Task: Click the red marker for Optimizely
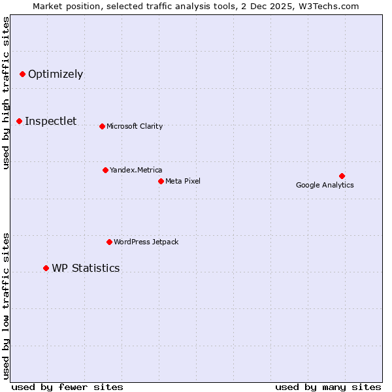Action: [x=22, y=74]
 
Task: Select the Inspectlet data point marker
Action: [x=19, y=121]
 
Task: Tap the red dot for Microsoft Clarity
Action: [x=102, y=126]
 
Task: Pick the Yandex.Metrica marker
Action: [x=105, y=170]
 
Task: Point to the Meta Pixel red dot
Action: [x=161, y=181]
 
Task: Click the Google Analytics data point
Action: [x=342, y=176]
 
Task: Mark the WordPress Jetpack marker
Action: [x=109, y=242]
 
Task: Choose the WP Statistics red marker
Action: [x=46, y=268]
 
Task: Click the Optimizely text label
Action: [x=56, y=74]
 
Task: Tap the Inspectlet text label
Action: [x=51, y=121]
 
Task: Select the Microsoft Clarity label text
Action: [x=135, y=126]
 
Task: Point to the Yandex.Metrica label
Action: [x=136, y=170]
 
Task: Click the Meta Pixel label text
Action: [x=183, y=181]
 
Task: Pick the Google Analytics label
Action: [x=325, y=185]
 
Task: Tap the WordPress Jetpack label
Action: [x=146, y=242]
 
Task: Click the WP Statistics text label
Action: [x=86, y=268]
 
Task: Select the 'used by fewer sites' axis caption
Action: [x=67, y=387]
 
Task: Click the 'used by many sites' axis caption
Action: [x=328, y=387]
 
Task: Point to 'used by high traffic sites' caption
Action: [x=6, y=93]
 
